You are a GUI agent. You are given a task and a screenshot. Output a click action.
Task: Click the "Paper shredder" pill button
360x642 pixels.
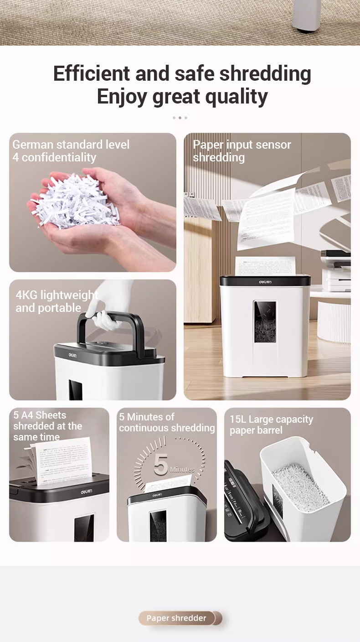[176, 618]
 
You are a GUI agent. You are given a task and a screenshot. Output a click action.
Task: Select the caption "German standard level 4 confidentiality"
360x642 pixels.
[71, 151]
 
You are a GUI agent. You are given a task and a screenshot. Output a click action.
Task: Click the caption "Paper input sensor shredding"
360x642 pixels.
[242, 151]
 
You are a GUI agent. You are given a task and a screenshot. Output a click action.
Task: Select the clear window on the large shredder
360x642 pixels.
[265, 322]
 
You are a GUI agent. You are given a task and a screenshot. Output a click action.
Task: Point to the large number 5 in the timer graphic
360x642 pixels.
[161, 465]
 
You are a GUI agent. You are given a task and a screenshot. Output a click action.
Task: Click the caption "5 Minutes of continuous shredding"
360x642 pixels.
[166, 422]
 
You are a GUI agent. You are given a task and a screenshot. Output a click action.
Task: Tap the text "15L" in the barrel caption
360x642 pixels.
[238, 419]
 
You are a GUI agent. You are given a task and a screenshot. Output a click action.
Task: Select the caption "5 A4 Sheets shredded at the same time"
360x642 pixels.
[47, 426]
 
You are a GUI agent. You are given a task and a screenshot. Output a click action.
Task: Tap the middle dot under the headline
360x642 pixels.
[180, 118]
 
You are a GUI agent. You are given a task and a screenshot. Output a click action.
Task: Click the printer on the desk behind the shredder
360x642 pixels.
[336, 269]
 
